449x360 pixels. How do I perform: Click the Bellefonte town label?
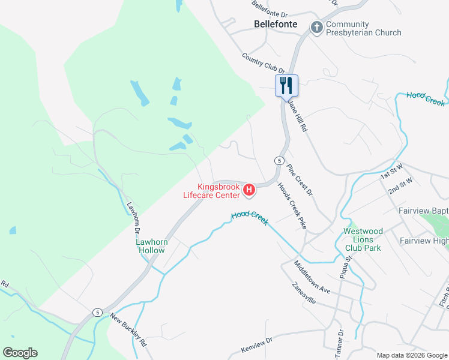(276, 25)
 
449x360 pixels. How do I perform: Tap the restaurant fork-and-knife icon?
(286, 85)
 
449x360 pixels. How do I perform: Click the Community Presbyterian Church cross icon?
(316, 28)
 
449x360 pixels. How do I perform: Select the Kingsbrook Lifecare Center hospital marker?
(249, 191)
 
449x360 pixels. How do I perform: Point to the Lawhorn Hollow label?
(151, 246)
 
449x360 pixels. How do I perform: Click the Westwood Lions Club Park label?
(363, 239)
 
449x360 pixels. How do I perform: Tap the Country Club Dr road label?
(263, 63)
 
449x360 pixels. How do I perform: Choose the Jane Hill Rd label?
(297, 115)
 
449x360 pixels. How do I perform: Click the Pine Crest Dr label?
(300, 179)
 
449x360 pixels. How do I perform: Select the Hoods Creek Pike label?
(292, 206)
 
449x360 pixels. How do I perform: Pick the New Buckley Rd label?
(129, 331)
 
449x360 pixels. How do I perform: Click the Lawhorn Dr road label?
(133, 216)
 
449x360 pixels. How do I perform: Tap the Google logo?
(20, 353)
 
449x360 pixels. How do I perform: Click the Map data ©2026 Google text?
(412, 355)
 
